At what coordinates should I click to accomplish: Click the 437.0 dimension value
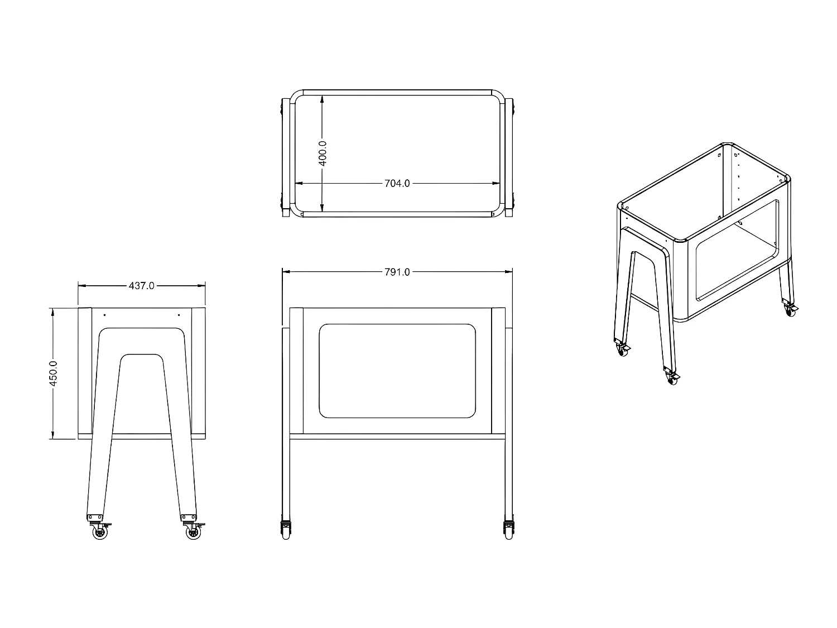[x=142, y=286]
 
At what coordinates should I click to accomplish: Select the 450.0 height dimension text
[x=54, y=373]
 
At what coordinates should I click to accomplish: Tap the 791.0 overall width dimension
[x=397, y=272]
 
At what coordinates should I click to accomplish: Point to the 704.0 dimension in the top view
[x=397, y=183]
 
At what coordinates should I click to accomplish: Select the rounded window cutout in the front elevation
[x=397, y=371]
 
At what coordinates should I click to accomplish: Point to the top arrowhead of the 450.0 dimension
[x=54, y=311]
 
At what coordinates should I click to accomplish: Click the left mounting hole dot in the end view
[x=104, y=315]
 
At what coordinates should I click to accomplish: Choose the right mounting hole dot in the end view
[x=179, y=315]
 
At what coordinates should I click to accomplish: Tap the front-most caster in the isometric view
[x=671, y=378]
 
